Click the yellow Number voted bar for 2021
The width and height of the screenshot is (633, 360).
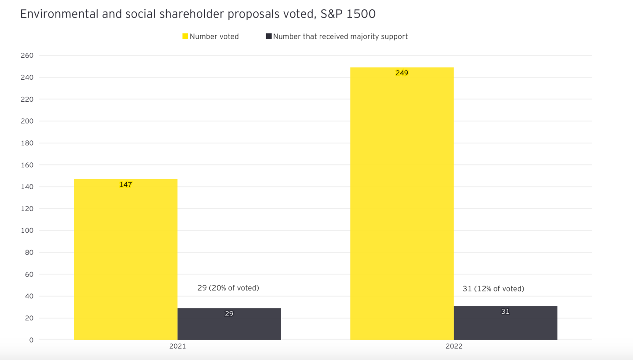[125, 259]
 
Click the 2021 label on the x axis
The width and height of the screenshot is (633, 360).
[177, 346]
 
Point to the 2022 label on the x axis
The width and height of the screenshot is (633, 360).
[454, 346]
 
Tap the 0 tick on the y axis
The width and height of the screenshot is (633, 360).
[31, 340]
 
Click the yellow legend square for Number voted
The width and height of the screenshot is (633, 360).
[185, 37]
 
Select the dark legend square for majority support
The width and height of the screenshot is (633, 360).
[269, 37]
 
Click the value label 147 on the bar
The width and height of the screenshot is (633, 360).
[125, 185]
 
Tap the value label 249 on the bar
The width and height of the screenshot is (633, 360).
[402, 73]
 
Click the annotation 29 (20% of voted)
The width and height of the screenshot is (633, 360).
[228, 288]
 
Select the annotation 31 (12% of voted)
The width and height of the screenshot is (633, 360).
[493, 289]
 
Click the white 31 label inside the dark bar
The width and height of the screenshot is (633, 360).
[505, 312]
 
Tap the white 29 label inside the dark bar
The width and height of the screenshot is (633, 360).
[229, 314]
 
